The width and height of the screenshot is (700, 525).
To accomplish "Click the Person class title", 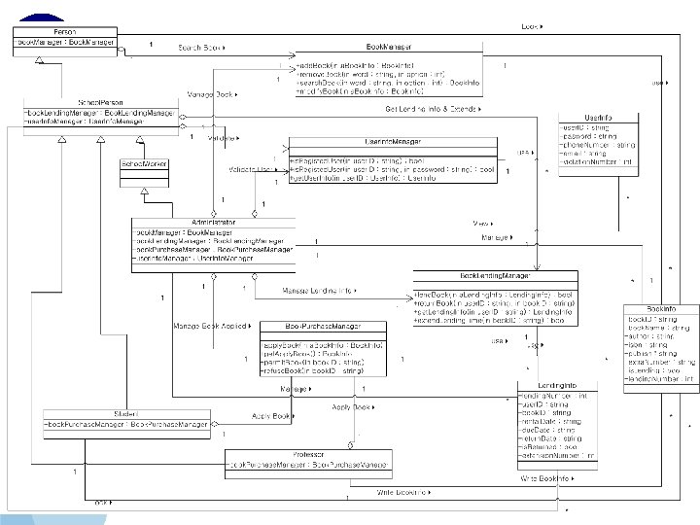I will (65, 32).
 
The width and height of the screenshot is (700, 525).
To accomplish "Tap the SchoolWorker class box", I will (143, 165).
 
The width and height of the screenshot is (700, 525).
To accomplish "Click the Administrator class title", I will (213, 223).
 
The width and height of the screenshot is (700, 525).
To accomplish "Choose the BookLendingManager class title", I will (496, 276).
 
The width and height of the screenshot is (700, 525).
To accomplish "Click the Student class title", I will (127, 414).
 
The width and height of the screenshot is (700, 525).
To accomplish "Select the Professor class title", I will (307, 454).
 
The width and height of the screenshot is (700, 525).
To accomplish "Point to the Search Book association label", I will (200, 46).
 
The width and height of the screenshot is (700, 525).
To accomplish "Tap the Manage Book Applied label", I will (208, 325).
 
